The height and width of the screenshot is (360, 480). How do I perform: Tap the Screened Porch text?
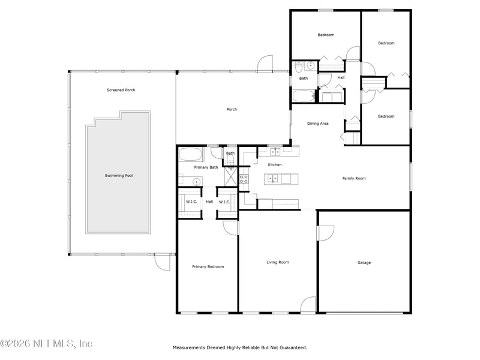point(121,90)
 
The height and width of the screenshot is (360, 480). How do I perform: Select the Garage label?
point(364,262)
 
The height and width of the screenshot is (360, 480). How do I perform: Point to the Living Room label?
point(278,262)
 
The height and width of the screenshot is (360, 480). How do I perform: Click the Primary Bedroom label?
point(208,266)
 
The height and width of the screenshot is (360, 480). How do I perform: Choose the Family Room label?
point(354,178)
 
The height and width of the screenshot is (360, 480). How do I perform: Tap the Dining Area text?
point(317,124)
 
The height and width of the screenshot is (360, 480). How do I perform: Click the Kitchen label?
point(275,164)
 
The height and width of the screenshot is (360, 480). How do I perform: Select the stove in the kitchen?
point(244,178)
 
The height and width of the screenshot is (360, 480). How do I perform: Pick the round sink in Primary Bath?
point(196,181)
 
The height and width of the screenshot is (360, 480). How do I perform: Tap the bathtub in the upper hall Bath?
point(302,96)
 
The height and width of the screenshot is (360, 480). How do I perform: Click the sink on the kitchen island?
point(273,178)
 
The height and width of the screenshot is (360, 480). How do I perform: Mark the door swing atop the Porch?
point(265,64)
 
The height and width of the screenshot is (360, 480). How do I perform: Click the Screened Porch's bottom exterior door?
point(162,262)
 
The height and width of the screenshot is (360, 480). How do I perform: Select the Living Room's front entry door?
point(308,305)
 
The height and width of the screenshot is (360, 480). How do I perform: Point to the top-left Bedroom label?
point(326,35)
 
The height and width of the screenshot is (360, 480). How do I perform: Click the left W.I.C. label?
point(192,202)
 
